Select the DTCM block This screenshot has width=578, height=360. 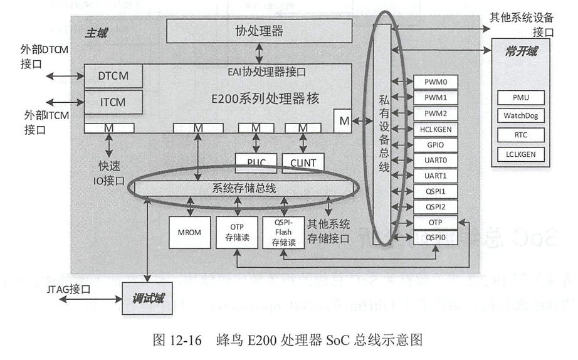click(113, 76)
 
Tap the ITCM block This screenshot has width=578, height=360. click(113, 100)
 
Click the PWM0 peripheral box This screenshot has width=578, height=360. click(435, 82)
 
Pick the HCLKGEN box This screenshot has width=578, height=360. click(435, 129)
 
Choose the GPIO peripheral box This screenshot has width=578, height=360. click(435, 144)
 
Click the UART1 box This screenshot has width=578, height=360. click(435, 175)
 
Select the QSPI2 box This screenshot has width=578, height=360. click(435, 206)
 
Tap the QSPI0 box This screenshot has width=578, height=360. click(435, 236)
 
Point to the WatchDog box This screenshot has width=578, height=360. click(520, 116)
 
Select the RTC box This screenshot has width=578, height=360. click(520, 135)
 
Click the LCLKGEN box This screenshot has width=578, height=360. click(520, 154)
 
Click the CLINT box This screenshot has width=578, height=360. click(303, 163)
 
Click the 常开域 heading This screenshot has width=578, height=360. click(521, 51)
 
